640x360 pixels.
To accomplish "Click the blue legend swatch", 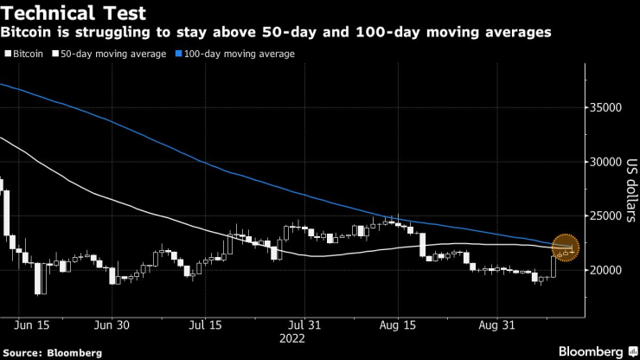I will point(180,54).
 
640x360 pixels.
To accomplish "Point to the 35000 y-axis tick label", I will point(607,108).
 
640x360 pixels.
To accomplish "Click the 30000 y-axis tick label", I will point(607,162).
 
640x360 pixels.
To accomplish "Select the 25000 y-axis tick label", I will point(607,216).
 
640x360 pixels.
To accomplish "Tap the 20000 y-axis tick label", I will point(607,270).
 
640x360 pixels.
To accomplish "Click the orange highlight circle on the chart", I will point(566,247).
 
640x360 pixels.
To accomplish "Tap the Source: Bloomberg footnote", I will point(53,353).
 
